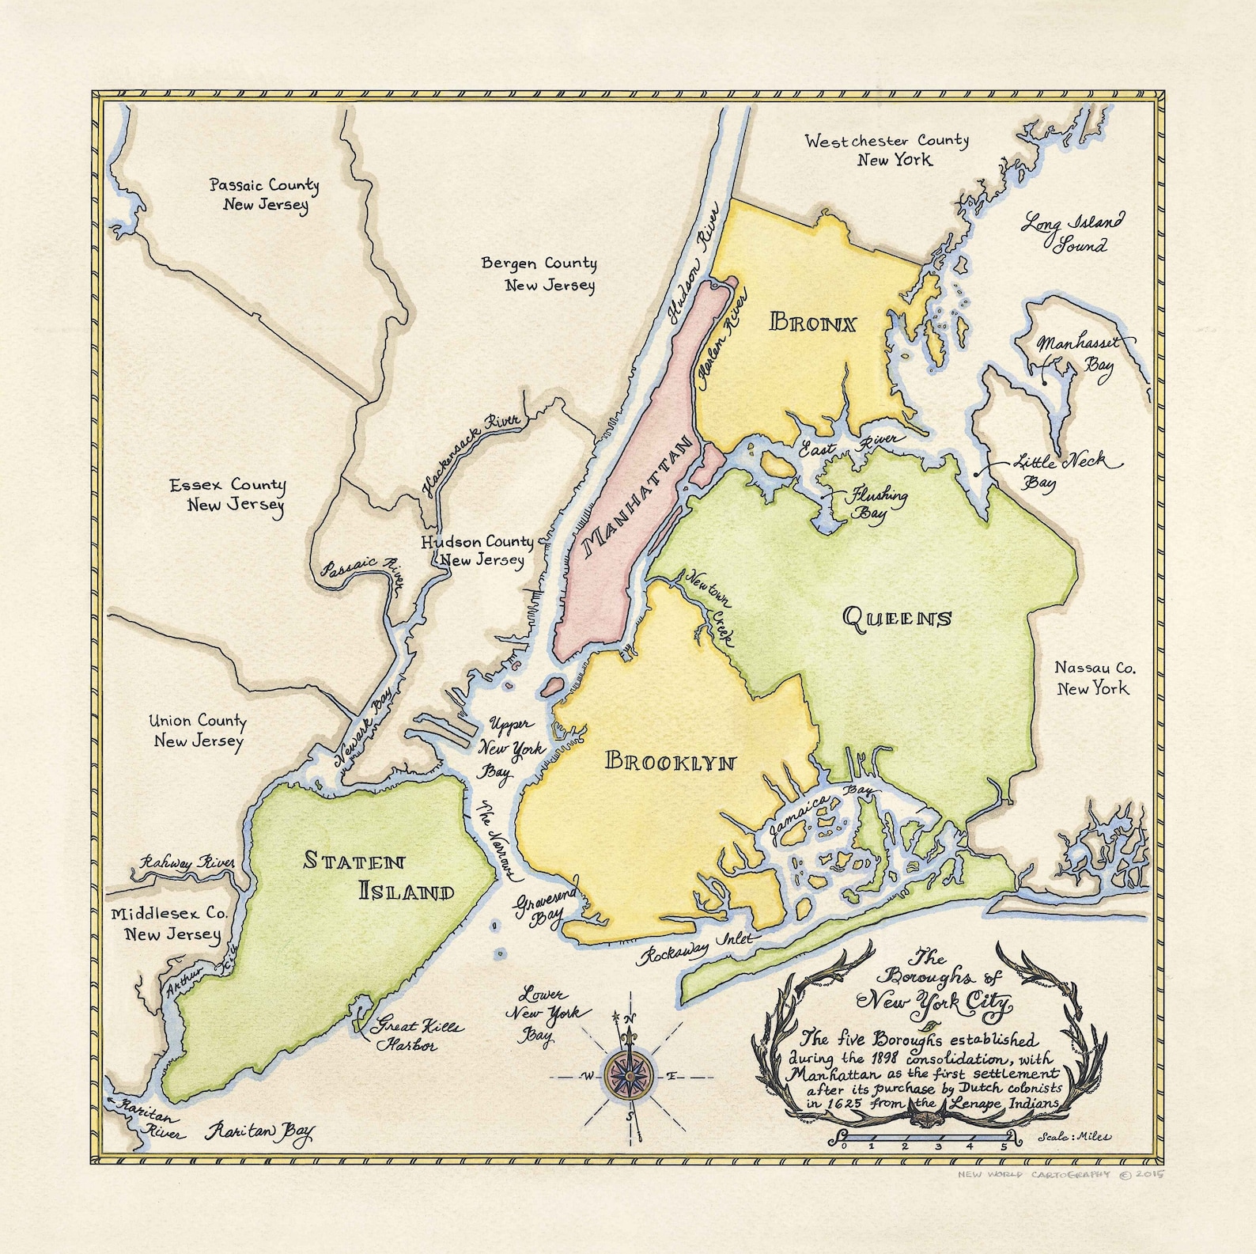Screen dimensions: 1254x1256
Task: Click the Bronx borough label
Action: tap(812, 323)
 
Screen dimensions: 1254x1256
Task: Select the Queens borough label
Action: tap(897, 617)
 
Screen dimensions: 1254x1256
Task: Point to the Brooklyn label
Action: tap(671, 761)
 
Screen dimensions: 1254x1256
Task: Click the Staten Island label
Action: tap(380, 876)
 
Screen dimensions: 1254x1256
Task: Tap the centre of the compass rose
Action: tap(630, 1075)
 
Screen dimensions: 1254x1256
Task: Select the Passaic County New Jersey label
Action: tap(264, 195)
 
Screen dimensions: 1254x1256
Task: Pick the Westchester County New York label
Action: tap(887, 150)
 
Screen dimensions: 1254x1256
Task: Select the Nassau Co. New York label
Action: tap(1094, 678)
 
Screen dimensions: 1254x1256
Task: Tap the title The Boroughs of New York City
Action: tap(933, 983)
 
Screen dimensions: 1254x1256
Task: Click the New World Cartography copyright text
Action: tap(1060, 1174)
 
